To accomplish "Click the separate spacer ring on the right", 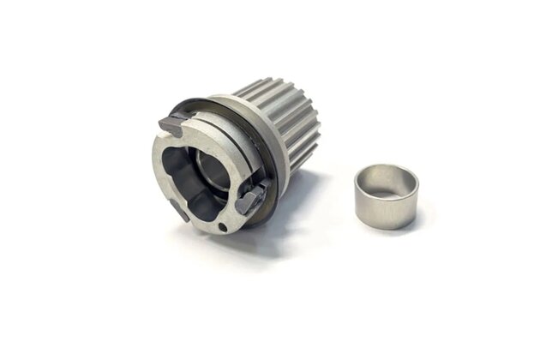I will tap(386, 196).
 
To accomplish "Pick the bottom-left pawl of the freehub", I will tap(179, 208).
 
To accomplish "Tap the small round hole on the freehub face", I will tap(223, 227).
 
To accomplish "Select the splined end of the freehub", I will tap(287, 120).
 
